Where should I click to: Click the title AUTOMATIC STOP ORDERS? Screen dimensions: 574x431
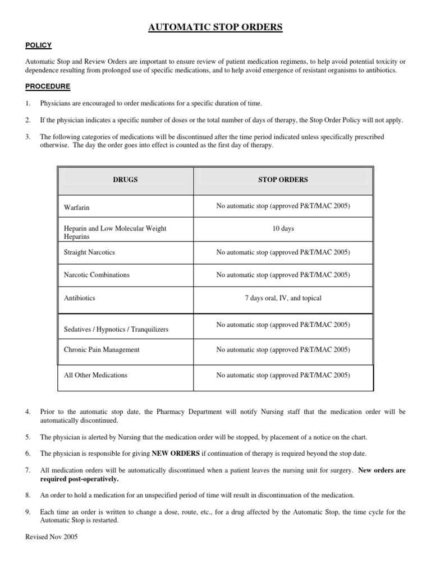pos(215,27)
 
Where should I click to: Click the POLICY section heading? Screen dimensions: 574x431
pos(39,45)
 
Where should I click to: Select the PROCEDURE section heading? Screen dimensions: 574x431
pos(48,86)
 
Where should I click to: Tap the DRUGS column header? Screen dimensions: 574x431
pos(125,180)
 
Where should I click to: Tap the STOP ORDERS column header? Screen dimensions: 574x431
pos(283,180)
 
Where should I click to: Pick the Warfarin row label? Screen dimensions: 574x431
pos(77,207)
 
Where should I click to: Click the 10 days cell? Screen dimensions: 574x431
pos(283,229)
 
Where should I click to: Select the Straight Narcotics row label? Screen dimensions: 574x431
pos(90,252)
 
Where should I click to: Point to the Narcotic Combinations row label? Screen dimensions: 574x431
pos(97,275)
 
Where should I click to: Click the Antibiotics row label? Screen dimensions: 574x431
pos(80,298)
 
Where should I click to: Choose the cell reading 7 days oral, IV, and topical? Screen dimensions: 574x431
pos(283,298)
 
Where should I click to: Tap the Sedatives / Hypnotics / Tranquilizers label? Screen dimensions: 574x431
pos(116,329)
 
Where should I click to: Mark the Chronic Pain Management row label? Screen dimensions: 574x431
pos(102,350)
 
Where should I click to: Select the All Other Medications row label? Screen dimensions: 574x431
pos(95,375)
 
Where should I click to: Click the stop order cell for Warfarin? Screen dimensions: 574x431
pos(283,206)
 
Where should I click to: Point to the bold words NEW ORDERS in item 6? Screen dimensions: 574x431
pos(176,453)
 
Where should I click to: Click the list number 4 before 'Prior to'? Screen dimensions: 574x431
pos(28,412)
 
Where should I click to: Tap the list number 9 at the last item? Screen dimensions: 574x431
pos(28,512)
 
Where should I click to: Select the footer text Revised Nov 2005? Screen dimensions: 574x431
pos(52,537)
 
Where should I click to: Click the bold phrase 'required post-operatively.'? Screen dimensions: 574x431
pos(79,479)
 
